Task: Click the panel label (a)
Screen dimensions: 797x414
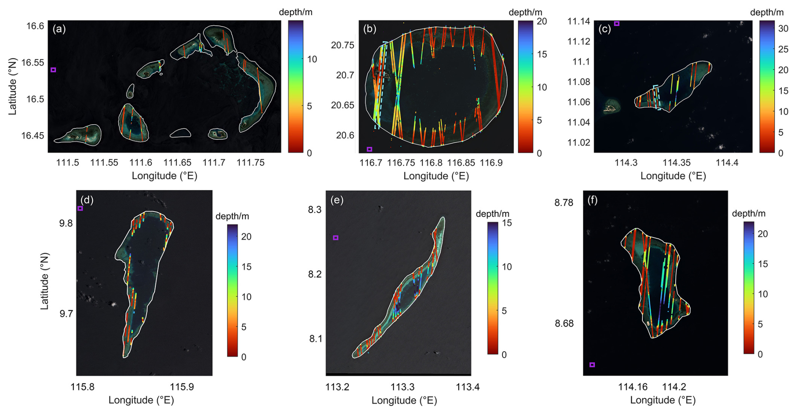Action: (59, 29)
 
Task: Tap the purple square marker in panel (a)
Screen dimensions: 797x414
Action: (53, 70)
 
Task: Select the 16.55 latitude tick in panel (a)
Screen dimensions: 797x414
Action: (33, 63)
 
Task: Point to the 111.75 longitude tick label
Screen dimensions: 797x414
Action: (251, 163)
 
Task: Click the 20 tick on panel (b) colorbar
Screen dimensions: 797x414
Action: (542, 21)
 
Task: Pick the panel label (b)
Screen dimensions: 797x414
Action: (369, 29)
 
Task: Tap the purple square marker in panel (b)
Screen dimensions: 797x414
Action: (369, 149)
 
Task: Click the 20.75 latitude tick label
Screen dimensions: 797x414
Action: (342, 45)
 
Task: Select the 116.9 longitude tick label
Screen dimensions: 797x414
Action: (491, 163)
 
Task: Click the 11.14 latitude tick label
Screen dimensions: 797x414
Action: (579, 21)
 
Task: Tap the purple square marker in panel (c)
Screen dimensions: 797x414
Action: (617, 24)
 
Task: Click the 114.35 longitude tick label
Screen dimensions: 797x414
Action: (677, 163)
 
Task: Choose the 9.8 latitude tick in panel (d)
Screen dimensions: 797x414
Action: (66, 223)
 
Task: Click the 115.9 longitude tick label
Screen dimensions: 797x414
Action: (182, 387)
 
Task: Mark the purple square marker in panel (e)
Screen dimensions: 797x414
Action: (336, 238)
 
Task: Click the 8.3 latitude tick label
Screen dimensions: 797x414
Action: (315, 210)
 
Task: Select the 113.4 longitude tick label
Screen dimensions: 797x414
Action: (468, 387)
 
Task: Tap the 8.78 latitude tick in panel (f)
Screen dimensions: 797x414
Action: (564, 203)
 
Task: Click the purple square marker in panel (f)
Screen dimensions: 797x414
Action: (592, 365)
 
